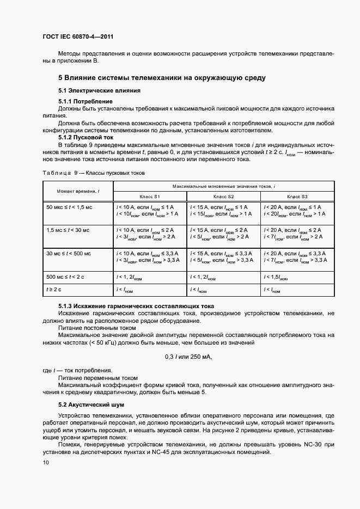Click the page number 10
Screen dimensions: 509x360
46,462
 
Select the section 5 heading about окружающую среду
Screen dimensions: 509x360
162,78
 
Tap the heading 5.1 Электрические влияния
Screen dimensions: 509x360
100,90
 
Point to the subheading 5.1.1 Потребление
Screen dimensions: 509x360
86,102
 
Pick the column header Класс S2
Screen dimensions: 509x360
223,196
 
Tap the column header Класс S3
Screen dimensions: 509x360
297,196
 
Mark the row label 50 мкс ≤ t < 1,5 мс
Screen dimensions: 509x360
71,207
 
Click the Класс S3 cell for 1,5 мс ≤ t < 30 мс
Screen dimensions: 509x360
297,234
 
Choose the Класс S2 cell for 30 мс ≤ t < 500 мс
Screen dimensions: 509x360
223,257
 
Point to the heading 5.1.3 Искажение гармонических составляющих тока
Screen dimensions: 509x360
136,306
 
